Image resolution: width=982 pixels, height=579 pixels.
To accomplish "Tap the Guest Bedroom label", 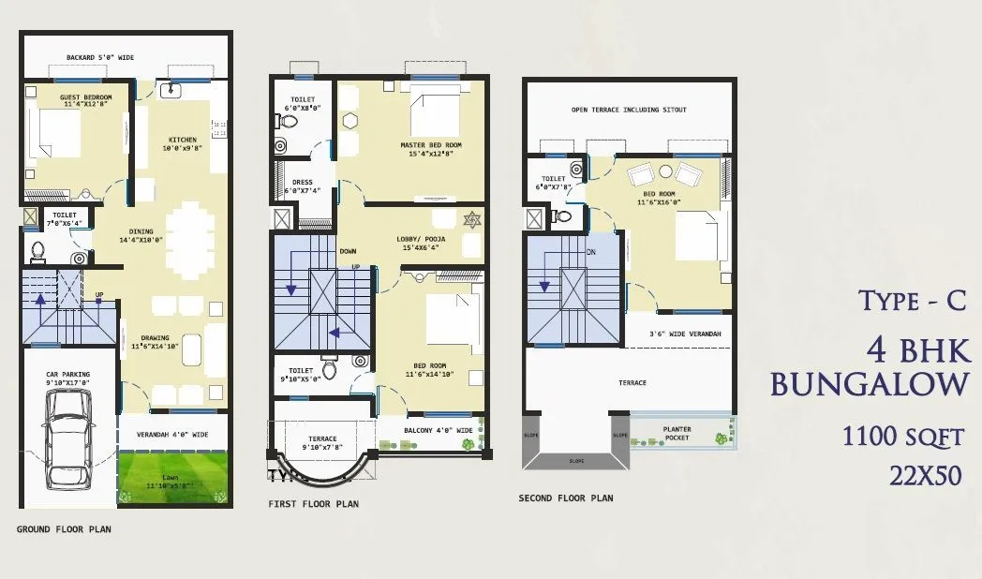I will click(85, 101).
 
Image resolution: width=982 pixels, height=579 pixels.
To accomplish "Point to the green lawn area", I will click(174, 478).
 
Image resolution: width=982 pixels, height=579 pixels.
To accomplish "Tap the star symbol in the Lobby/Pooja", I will click(472, 217).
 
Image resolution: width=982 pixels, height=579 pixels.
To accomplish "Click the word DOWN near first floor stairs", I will click(348, 251).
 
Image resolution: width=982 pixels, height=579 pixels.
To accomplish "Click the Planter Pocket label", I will click(677, 433).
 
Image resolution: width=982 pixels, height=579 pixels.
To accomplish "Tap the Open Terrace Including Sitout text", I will click(629, 110).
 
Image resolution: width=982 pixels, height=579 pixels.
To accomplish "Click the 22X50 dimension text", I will click(926, 475).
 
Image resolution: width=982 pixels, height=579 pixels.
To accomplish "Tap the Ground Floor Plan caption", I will click(64, 529).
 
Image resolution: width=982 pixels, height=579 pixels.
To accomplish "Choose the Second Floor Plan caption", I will click(566, 498).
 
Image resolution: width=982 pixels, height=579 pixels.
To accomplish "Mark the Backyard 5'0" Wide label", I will click(100, 58).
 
